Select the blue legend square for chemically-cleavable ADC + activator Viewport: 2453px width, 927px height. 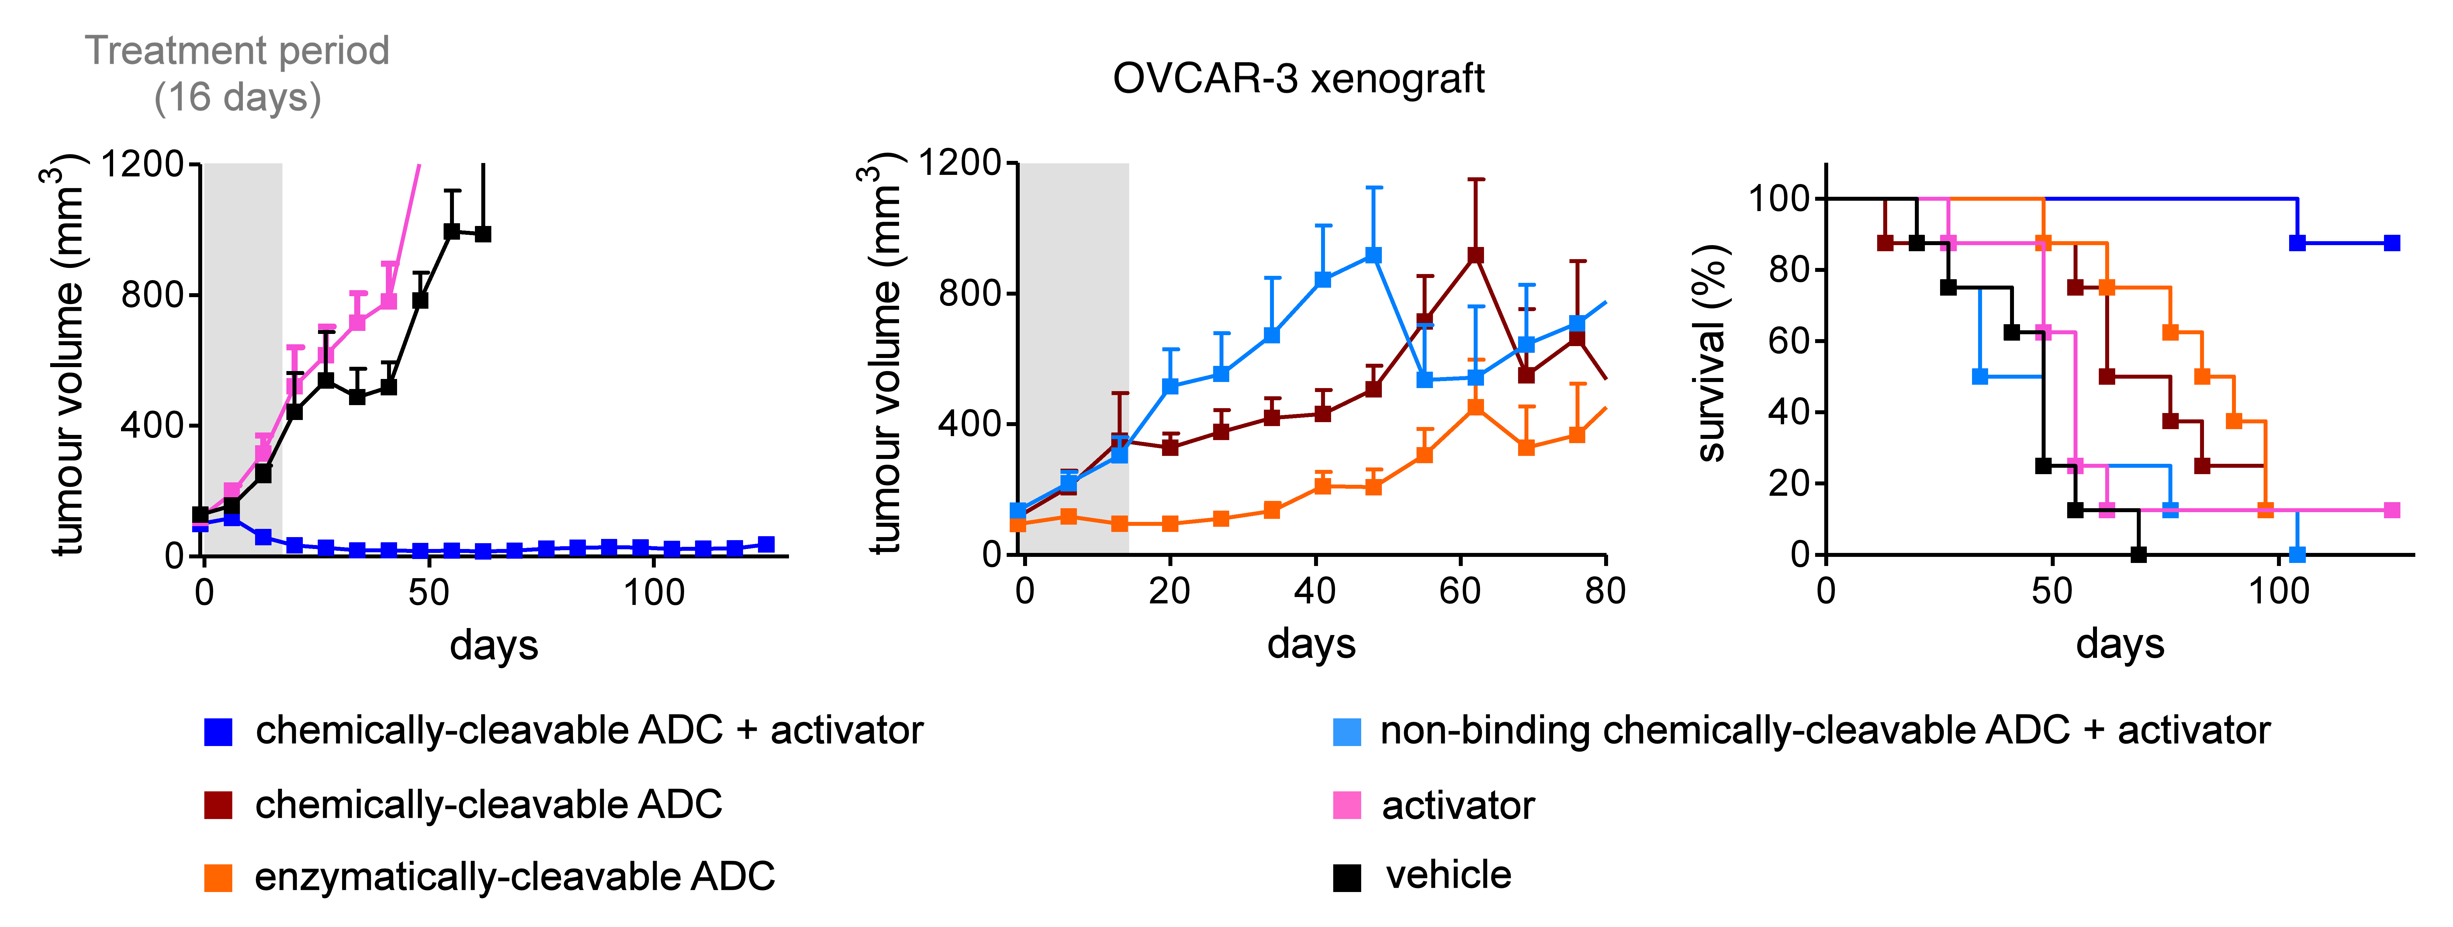(x=218, y=732)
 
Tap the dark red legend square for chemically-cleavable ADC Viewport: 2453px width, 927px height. (x=218, y=805)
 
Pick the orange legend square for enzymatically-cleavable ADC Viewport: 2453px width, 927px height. (x=218, y=877)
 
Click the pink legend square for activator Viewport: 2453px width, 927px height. (x=1347, y=805)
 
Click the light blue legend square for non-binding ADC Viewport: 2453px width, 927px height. (x=1347, y=732)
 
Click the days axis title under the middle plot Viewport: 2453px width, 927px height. (x=1310, y=644)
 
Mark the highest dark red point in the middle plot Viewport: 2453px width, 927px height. (x=1475, y=255)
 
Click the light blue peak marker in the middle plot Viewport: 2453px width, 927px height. (x=1373, y=255)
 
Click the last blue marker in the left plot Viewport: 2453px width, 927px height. (x=766, y=544)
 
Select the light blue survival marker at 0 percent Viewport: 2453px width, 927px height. (x=2297, y=554)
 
